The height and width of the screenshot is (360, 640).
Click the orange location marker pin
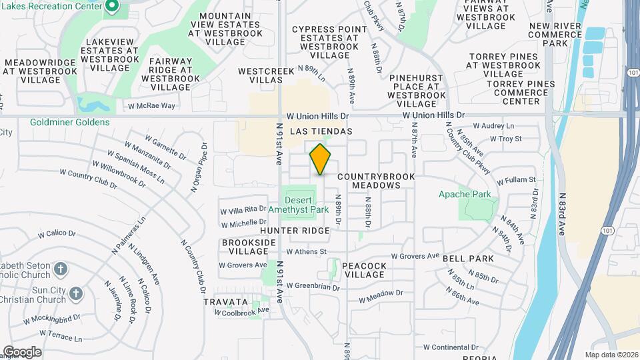321,159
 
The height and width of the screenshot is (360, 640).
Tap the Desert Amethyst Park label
307,205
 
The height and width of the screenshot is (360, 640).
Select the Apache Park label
465,195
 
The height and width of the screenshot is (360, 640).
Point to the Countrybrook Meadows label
376,181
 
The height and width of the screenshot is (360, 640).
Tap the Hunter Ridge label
295,231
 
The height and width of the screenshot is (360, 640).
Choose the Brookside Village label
245,247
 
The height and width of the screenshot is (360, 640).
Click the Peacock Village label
364,270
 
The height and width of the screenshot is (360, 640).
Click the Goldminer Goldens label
70,123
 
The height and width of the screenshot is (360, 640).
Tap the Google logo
22,351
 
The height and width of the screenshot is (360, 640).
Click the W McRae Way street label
151,106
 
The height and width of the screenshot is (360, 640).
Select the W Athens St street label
306,252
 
